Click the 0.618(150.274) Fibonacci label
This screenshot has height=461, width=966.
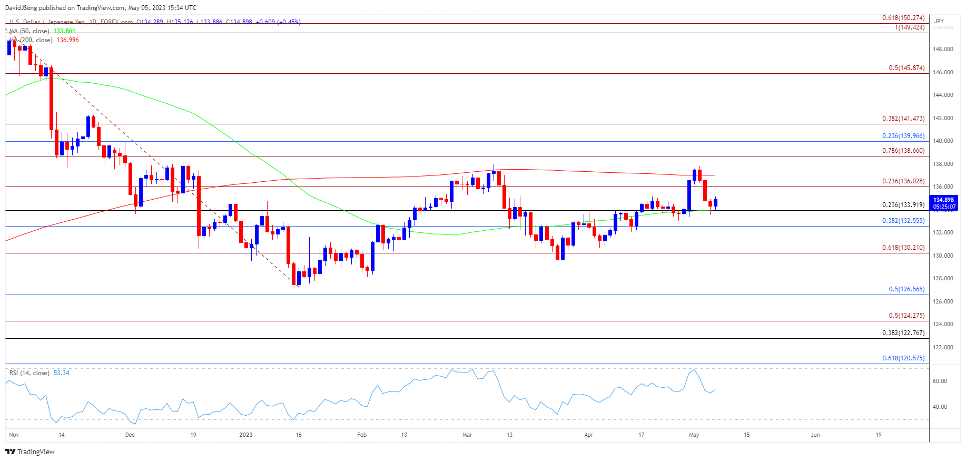point(903,18)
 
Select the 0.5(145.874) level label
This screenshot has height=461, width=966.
point(906,68)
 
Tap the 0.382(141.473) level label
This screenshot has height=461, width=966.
point(903,119)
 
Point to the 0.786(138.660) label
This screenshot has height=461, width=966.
point(903,151)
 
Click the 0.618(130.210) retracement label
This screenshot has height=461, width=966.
point(903,248)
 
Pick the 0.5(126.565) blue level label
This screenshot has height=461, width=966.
point(906,289)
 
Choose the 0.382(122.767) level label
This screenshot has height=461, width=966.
point(903,333)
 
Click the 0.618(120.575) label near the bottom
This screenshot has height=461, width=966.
point(903,358)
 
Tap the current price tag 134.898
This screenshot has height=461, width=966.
point(943,200)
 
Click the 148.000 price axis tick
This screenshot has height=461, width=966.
point(943,50)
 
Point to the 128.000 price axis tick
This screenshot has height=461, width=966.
point(943,279)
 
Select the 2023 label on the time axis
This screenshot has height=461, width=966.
point(245,435)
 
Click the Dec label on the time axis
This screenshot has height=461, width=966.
point(130,435)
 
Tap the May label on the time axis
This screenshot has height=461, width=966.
point(694,435)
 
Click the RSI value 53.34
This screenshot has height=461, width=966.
point(61,373)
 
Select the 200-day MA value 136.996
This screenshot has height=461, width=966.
point(67,40)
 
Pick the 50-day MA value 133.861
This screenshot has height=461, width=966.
point(64,31)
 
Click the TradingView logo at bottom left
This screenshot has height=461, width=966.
point(30,452)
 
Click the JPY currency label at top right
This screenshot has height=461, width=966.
point(939,21)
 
